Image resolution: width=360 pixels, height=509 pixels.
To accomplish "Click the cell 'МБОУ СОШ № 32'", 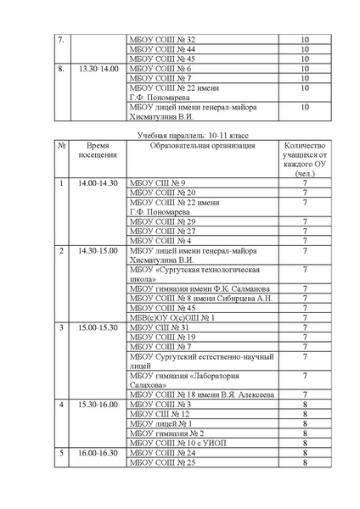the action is click(x=161, y=40).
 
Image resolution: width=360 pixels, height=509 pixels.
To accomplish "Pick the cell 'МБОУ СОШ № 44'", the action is click(x=161, y=49).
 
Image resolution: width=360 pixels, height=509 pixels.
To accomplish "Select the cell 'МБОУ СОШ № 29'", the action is click(x=161, y=221).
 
